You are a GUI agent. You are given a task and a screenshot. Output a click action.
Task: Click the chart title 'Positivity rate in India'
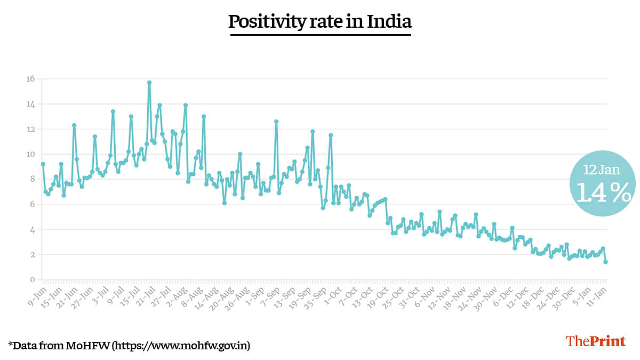[x=320, y=22]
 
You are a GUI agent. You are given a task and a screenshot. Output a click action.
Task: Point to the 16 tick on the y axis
[x=30, y=79]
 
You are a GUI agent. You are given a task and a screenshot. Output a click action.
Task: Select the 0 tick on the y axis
[x=32, y=280]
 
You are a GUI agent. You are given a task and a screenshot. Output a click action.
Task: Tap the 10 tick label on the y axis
[x=30, y=154]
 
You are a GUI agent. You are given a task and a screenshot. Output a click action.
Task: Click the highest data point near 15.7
[x=149, y=83]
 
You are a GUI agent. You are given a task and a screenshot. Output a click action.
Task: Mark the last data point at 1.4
[x=606, y=262]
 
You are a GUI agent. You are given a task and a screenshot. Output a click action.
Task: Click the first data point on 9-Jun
[x=43, y=164]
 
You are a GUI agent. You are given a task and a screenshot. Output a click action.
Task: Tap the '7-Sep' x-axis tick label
[x=273, y=297]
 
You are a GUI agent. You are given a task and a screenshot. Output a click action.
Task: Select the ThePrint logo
[x=595, y=341]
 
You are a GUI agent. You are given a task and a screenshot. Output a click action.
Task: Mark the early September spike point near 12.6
[x=276, y=122]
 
